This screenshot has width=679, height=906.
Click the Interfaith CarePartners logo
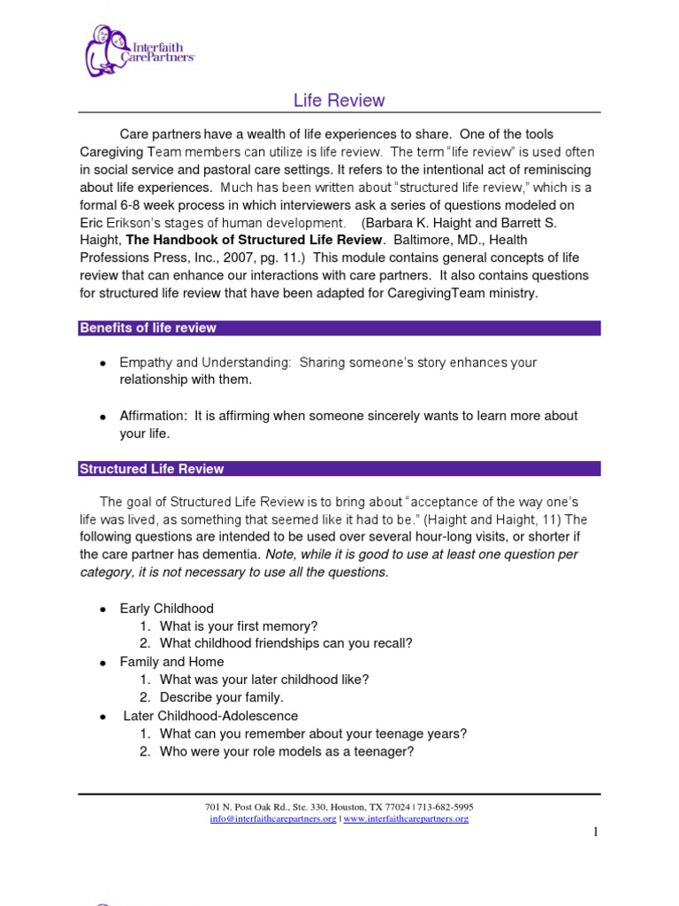tap(140, 50)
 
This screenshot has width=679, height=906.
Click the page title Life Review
tap(339, 100)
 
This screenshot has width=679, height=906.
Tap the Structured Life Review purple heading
tap(152, 469)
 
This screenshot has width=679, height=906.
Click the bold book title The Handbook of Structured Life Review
tap(255, 240)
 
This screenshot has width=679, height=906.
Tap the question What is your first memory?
tap(239, 626)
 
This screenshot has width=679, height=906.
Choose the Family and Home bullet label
tap(172, 662)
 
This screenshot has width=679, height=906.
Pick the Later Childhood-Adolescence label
tap(210, 716)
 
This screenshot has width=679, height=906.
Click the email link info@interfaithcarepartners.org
tap(273, 819)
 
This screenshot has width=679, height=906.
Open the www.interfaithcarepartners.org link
tap(406, 819)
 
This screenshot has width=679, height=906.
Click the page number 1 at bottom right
tap(596, 832)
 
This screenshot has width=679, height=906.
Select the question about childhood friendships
tap(286, 644)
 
